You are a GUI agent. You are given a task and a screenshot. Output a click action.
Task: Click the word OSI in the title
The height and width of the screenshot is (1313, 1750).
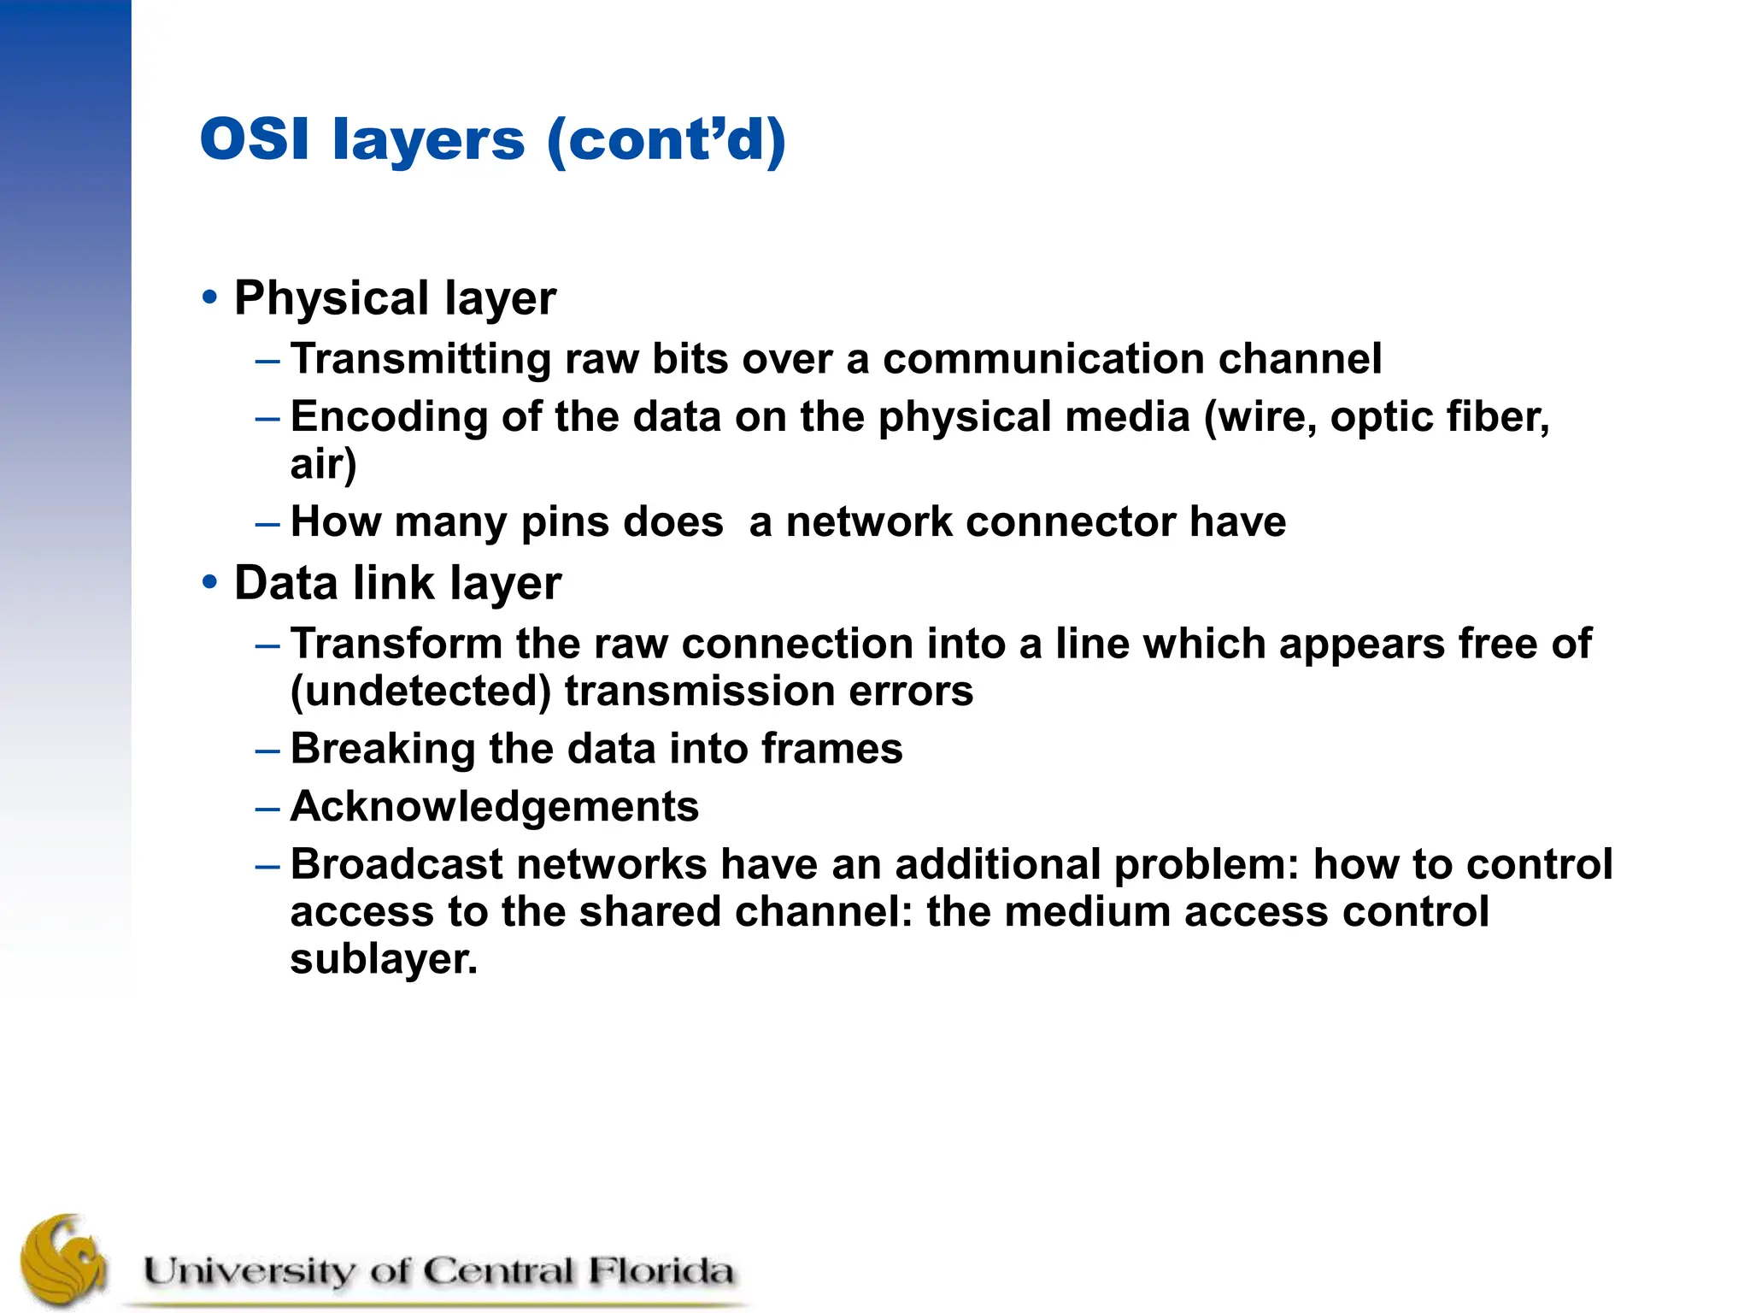(x=254, y=139)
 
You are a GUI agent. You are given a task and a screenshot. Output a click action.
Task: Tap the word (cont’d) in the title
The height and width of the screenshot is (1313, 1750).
(x=666, y=139)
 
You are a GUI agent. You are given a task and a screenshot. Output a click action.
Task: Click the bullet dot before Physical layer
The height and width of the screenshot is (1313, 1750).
(x=209, y=298)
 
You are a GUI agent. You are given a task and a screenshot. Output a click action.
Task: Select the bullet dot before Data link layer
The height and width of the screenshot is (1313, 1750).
(x=209, y=583)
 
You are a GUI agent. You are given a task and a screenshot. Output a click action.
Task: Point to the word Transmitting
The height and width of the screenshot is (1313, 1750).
(x=420, y=359)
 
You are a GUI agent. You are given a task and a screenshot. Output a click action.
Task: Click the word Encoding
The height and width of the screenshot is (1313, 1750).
(x=389, y=418)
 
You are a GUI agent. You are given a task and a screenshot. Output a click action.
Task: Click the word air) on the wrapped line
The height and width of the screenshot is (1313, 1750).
(x=323, y=464)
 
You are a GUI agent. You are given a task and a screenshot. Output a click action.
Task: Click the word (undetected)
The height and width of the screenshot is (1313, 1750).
(x=420, y=692)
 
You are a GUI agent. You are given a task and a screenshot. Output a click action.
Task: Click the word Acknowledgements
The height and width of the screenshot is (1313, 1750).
(x=495, y=807)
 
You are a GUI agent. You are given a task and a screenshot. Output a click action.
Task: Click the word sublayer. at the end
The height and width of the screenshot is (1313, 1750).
(x=384, y=959)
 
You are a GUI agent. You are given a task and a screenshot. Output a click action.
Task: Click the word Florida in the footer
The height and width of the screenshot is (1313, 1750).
(x=661, y=1271)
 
